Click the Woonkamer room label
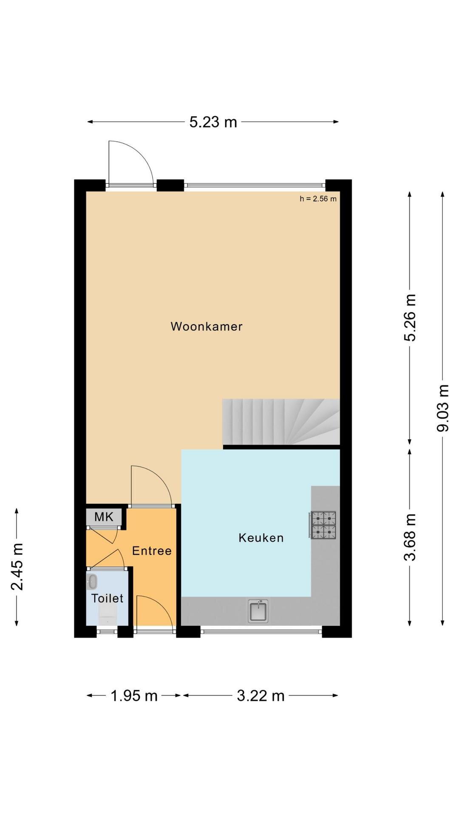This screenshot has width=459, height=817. pos(207,326)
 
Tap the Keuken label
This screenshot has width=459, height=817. pos(261,537)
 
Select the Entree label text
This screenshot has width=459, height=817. pos(152,551)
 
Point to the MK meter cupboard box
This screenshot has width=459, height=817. pos(104,517)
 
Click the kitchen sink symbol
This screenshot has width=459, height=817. pos(258,611)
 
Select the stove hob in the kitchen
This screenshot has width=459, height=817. pos(323,525)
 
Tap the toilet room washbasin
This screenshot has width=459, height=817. pos(92,581)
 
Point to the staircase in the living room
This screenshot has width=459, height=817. pos(281,422)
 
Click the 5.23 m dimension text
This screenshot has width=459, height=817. pos(213,122)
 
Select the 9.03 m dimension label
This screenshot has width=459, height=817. pos(443,408)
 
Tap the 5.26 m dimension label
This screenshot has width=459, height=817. pos(410,317)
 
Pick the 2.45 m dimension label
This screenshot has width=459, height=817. pos(17,567)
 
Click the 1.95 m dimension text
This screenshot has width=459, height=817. pos(134,696)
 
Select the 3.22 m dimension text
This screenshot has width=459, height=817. pos(261,696)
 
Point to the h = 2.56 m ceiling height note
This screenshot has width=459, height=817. pos(318,199)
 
